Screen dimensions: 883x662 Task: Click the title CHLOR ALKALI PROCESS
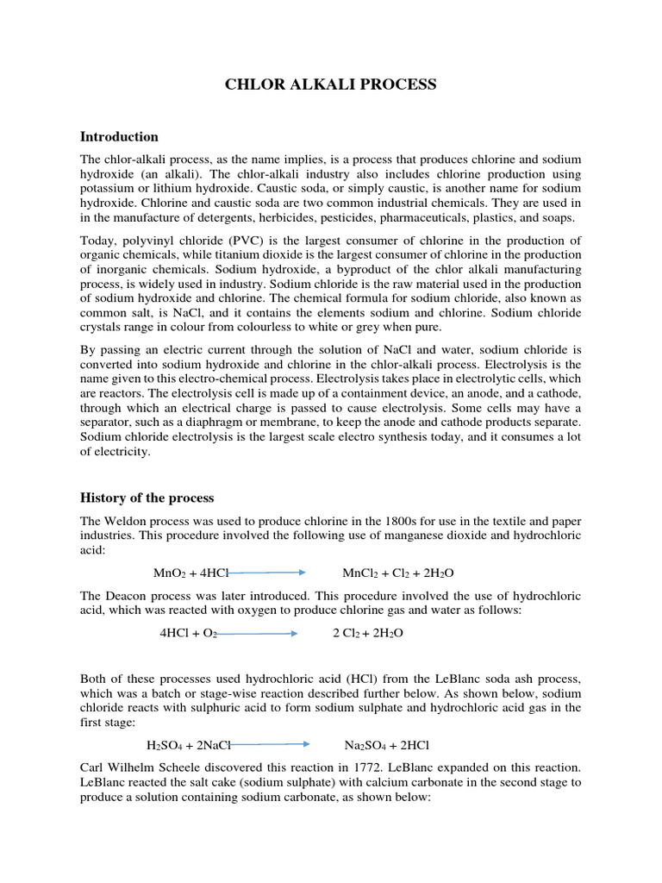(x=331, y=84)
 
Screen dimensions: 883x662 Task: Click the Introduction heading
(x=119, y=136)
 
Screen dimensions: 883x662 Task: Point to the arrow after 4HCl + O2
(x=256, y=633)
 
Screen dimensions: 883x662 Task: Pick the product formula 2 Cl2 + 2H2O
(x=367, y=633)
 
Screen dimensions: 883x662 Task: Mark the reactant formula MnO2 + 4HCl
(x=179, y=573)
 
